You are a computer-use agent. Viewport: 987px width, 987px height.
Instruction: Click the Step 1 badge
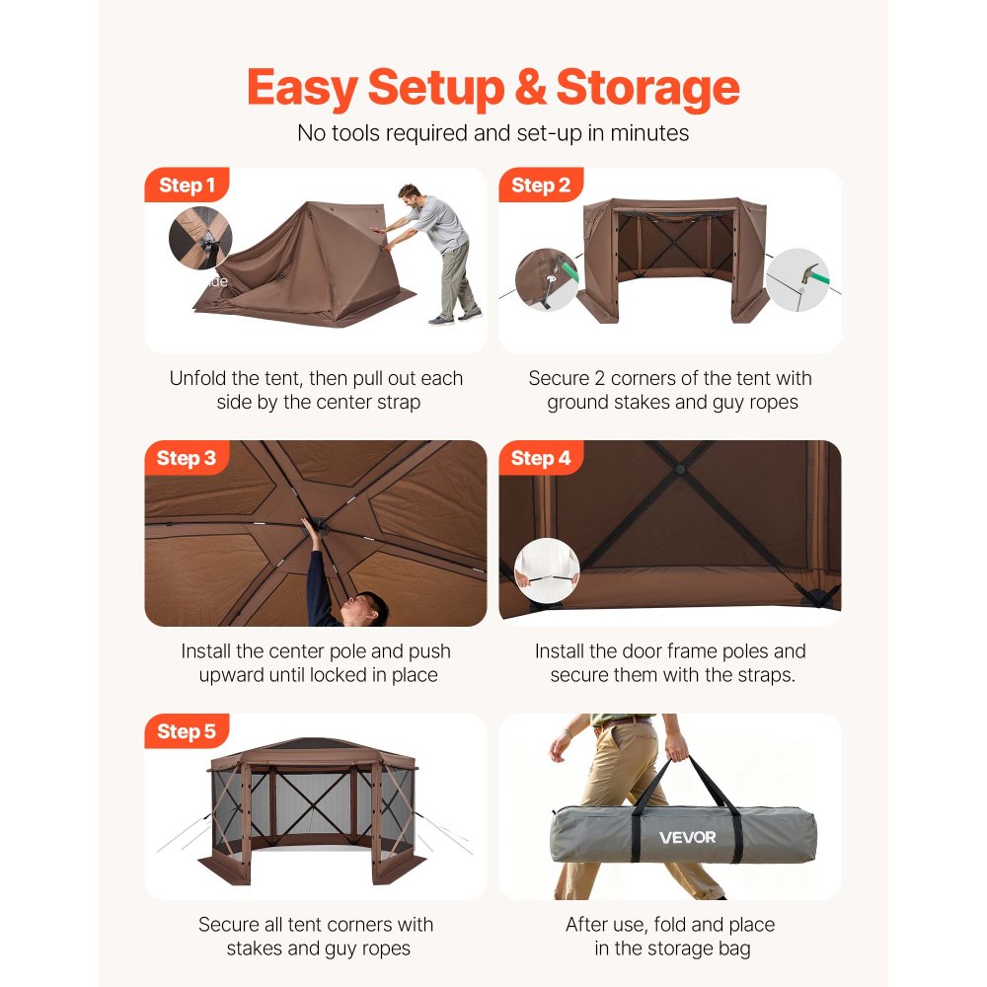click(187, 186)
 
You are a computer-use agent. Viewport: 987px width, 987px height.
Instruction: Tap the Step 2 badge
click(541, 186)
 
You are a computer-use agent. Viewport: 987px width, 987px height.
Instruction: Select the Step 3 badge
click(187, 458)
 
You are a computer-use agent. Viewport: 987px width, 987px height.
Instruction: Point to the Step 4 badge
click(541, 458)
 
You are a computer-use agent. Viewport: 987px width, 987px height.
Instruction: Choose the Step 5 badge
click(187, 731)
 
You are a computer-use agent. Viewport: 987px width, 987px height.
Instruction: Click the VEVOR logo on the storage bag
click(688, 838)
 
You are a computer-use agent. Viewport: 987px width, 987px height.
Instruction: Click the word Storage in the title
click(647, 88)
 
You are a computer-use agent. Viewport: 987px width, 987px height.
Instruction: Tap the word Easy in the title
click(301, 88)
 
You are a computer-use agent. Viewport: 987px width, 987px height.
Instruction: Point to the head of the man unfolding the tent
click(410, 193)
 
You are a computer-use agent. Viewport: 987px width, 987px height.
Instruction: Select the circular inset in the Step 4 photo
click(547, 570)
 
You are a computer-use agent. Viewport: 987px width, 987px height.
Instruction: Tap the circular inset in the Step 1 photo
click(200, 238)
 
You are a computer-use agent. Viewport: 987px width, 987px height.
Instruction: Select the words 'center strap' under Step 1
click(373, 403)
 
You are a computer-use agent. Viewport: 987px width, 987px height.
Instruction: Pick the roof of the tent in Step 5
click(314, 749)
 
